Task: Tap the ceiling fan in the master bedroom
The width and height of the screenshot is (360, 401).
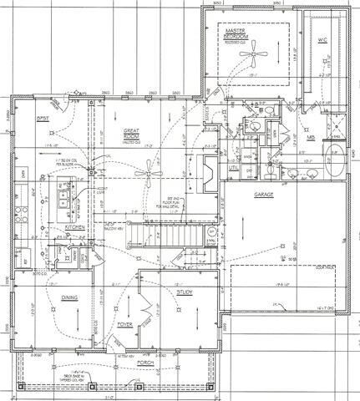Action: tap(250, 56)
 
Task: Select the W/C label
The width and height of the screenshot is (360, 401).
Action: tap(322, 39)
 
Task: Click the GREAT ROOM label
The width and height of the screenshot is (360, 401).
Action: tap(131, 134)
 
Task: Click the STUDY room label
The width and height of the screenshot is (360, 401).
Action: tap(185, 292)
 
